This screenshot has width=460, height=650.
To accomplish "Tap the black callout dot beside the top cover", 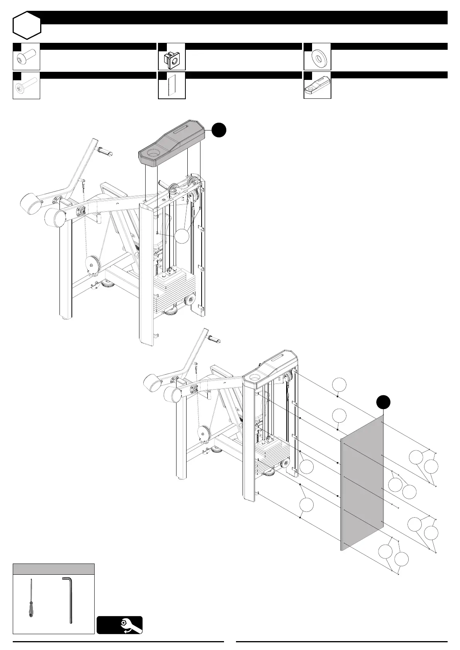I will click(219, 130).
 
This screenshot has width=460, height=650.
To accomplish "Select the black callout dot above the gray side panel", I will click(383, 402).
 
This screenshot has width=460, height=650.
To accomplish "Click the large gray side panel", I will click(362, 482).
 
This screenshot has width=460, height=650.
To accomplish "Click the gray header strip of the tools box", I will click(54, 569).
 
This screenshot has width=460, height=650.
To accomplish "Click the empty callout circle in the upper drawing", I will click(182, 236).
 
